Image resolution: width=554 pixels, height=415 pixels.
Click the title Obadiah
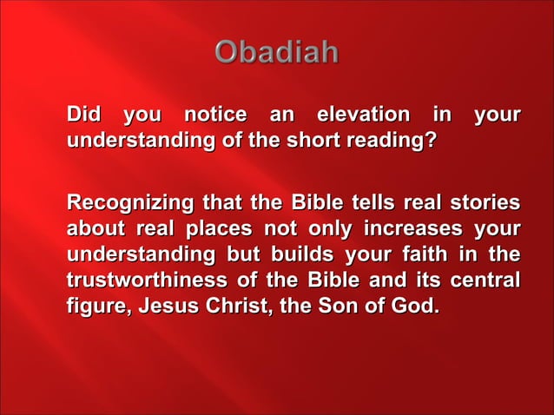[277, 53]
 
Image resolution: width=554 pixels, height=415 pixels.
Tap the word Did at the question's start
[85, 115]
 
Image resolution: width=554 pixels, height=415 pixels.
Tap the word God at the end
[414, 307]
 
